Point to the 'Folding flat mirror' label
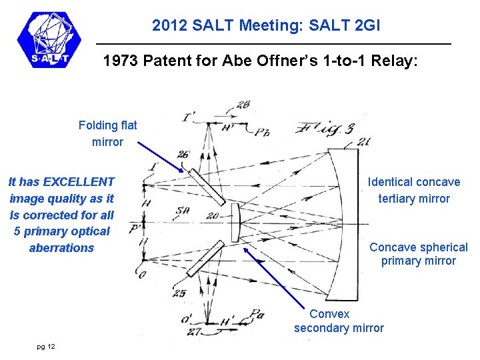point(107,133)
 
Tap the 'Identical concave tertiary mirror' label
point(413,190)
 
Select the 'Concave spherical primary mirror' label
point(418,254)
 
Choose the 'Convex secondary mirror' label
point(339,321)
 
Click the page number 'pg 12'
point(46,346)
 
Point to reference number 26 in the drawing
point(183,155)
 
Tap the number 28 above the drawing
point(243,104)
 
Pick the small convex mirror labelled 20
point(235,223)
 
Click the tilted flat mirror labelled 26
point(205,187)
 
